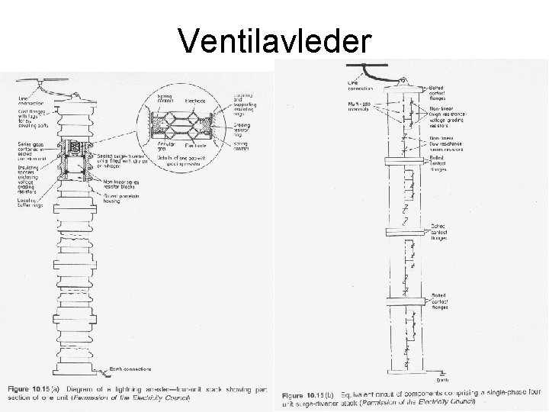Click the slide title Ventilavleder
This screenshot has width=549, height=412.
(275, 39)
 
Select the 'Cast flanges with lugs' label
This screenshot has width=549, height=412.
(30, 118)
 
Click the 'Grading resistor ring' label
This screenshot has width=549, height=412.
(243, 127)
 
